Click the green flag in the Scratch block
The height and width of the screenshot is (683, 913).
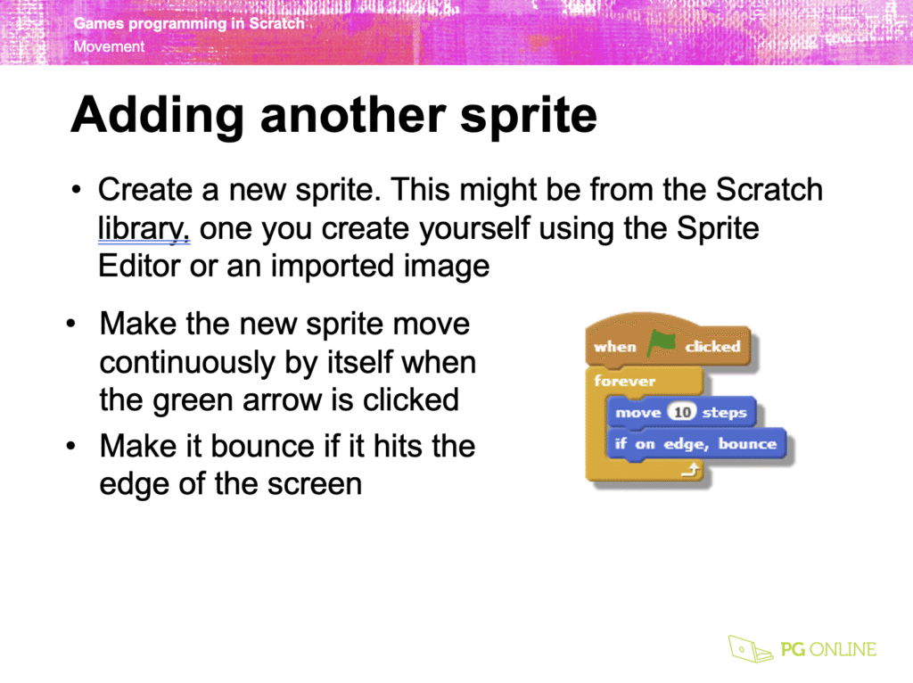click(661, 342)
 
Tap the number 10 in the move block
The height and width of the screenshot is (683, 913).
click(682, 412)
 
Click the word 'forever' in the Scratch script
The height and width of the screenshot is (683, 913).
click(625, 381)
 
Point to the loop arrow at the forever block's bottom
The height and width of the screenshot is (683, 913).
click(690, 469)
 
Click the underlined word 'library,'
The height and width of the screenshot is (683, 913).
click(144, 228)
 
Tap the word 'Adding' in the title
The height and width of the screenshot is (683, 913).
click(157, 115)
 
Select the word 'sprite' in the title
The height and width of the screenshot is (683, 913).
click(529, 115)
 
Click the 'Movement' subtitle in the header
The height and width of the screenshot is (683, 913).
click(109, 46)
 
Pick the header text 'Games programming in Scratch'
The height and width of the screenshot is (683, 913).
click(189, 23)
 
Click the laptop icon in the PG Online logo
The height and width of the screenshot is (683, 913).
click(750, 648)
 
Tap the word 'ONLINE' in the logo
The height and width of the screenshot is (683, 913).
click(843, 649)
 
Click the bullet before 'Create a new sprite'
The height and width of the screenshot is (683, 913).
click(76, 190)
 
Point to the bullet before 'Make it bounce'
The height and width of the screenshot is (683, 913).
click(71, 446)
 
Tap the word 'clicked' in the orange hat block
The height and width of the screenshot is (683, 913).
click(712, 347)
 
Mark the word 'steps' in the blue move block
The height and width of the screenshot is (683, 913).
click(724, 413)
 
